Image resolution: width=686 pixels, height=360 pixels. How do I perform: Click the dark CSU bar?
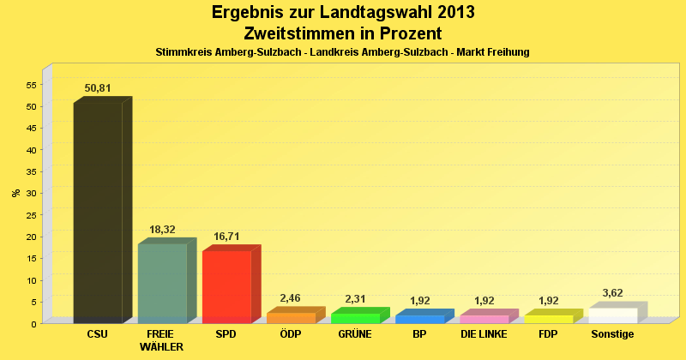tap(98, 213)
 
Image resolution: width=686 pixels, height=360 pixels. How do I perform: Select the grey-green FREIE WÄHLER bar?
tap(162, 283)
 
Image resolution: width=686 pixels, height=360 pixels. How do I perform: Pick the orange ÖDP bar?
tap(291, 317)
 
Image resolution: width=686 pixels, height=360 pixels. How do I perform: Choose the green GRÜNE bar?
tap(355, 318)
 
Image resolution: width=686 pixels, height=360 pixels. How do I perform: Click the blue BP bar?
tap(419, 319)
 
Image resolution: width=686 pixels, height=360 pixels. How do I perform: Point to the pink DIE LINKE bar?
tap(484, 319)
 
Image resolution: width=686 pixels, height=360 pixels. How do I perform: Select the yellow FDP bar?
tap(548, 319)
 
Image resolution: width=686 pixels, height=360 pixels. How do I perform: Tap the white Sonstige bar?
tap(612, 315)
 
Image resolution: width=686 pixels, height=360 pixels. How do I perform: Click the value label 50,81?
tap(98, 87)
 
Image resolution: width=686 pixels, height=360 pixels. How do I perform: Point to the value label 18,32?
tap(162, 230)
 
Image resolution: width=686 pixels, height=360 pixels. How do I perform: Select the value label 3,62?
tap(612, 293)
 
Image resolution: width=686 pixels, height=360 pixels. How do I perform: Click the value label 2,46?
tap(291, 298)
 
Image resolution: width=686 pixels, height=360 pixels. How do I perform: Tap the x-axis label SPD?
tap(226, 334)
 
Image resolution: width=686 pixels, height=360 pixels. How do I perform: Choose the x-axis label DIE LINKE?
tap(484, 334)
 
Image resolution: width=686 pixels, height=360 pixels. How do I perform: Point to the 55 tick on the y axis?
tap(31, 85)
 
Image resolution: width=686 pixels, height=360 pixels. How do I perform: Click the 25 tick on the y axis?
tap(31, 193)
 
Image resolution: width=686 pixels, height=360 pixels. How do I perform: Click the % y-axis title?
tap(15, 193)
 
